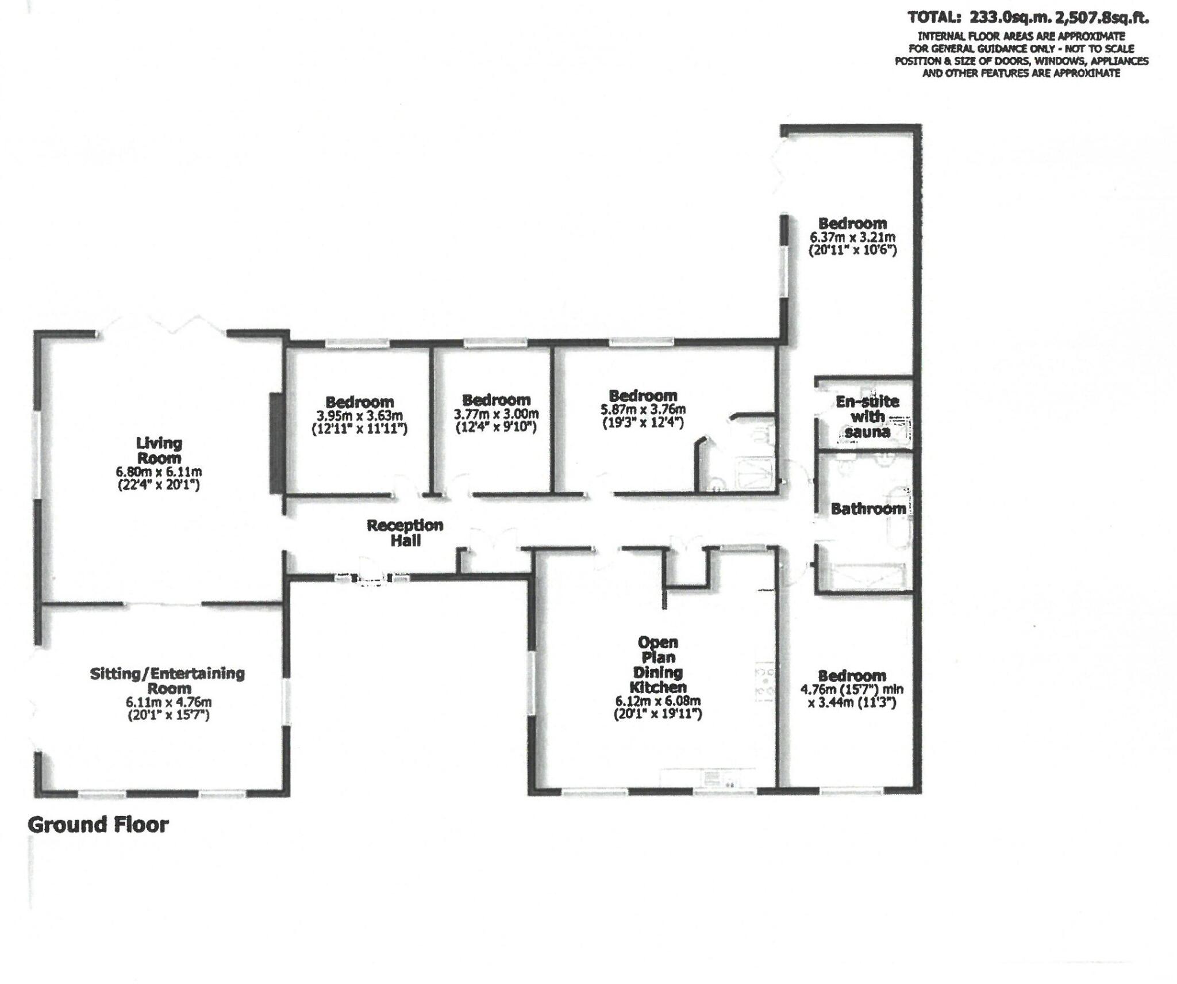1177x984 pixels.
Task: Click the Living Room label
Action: (159, 450)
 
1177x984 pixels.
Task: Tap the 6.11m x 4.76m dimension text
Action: (168, 702)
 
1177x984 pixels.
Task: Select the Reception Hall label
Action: (405, 533)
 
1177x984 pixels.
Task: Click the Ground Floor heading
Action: (98, 825)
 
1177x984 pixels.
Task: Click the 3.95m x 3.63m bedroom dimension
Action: (359, 415)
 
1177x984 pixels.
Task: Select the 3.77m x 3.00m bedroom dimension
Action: (496, 414)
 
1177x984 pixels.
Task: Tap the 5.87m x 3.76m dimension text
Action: (643, 410)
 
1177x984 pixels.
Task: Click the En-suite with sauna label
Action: (867, 416)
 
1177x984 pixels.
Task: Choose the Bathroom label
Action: (868, 508)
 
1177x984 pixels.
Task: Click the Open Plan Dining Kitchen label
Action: (658, 664)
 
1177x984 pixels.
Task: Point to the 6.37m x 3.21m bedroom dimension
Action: (852, 237)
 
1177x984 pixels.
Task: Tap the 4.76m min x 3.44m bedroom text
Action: (852, 690)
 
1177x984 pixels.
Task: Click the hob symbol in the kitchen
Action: (764, 682)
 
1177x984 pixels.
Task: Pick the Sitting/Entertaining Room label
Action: (167, 680)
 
